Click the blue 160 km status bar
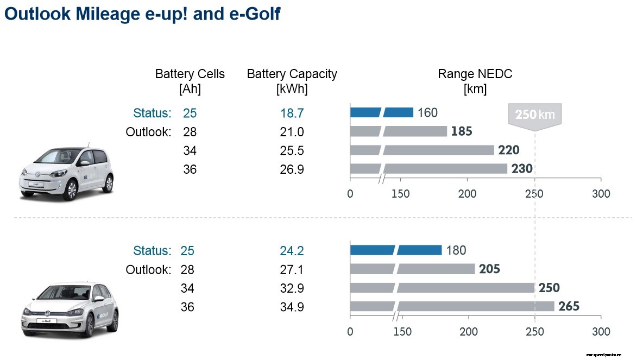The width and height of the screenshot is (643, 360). pyautogui.click(x=381, y=112)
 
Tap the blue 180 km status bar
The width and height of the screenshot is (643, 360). pyautogui.click(x=395, y=250)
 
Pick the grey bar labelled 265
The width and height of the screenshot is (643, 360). pyautogui.click(x=452, y=306)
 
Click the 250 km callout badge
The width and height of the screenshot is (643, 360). pyautogui.click(x=534, y=115)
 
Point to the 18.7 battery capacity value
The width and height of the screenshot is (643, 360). pyautogui.click(x=292, y=113)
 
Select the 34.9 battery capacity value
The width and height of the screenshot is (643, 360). pyautogui.click(x=292, y=307)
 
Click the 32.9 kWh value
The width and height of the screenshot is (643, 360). pyautogui.click(x=292, y=288)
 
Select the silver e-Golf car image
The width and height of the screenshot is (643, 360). pyautogui.click(x=69, y=310)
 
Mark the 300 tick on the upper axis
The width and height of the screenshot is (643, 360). pyautogui.click(x=601, y=194)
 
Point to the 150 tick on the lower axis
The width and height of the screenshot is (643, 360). pyautogui.click(x=402, y=332)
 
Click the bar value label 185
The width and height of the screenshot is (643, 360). pyautogui.click(x=461, y=131)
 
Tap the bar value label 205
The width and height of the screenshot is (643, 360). pyautogui.click(x=489, y=269)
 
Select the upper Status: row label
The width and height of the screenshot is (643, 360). pyautogui.click(x=152, y=113)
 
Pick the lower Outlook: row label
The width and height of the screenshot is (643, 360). pyautogui.click(x=148, y=269)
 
